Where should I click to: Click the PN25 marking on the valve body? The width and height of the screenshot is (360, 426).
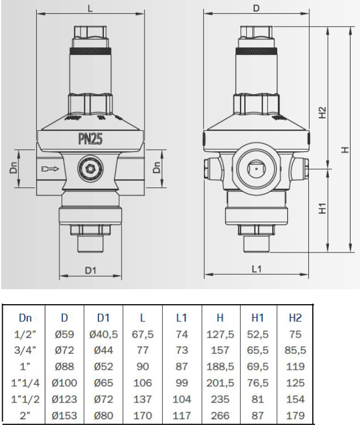[90, 139]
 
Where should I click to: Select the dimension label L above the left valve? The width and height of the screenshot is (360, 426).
[90, 8]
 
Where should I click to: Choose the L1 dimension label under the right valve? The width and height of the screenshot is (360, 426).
[256, 269]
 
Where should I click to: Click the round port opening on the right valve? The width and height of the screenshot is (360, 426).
[256, 167]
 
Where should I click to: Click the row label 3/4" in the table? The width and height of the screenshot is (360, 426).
[26, 351]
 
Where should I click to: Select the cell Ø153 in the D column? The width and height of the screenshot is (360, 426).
[64, 415]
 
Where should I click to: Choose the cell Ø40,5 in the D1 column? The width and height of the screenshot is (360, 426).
[104, 335]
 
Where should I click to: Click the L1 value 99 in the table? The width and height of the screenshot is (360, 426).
[181, 383]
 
